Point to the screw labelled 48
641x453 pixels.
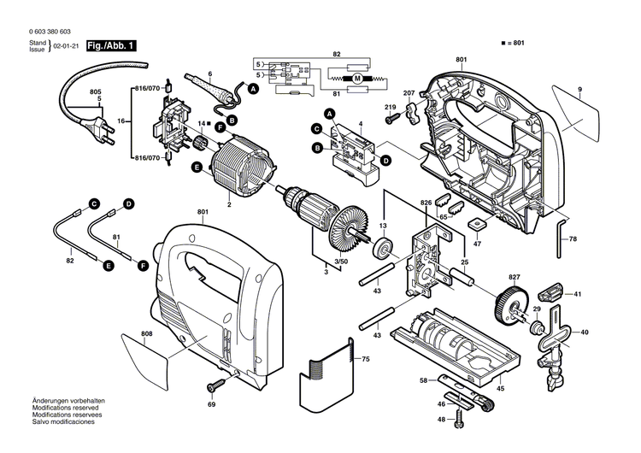click(461, 420)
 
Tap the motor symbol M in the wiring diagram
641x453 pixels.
click(358, 79)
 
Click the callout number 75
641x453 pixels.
click(365, 360)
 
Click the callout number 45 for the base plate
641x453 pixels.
click(500, 389)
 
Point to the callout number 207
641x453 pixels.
click(409, 91)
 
